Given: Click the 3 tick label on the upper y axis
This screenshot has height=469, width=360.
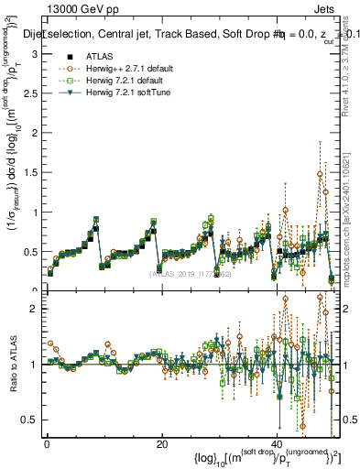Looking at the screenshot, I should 35,54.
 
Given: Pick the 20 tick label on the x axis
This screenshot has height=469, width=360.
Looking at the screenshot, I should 162,444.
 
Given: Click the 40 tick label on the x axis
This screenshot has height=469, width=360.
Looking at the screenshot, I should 278,444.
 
